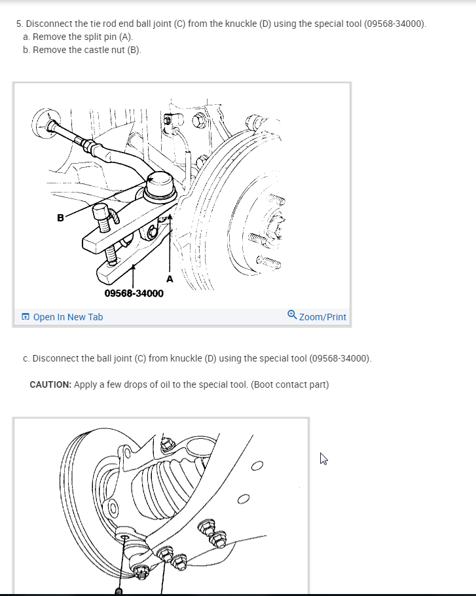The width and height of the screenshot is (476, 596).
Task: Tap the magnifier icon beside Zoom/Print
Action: click(292, 315)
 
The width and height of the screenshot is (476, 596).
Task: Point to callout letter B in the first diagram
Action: click(60, 218)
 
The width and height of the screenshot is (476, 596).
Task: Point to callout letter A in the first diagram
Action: click(170, 279)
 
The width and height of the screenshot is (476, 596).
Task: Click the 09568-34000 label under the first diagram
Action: click(134, 293)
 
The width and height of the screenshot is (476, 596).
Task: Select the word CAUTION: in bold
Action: click(50, 384)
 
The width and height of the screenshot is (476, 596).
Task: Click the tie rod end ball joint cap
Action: click(160, 184)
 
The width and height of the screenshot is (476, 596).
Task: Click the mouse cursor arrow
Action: click(323, 458)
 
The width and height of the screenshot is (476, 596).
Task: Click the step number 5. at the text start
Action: click(20, 24)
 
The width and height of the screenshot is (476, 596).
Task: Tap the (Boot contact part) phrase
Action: click(290, 384)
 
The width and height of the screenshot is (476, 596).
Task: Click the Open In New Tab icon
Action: click(26, 316)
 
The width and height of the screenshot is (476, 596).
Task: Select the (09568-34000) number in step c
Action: click(340, 358)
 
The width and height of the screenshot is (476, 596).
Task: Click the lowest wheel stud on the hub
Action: click(268, 262)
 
